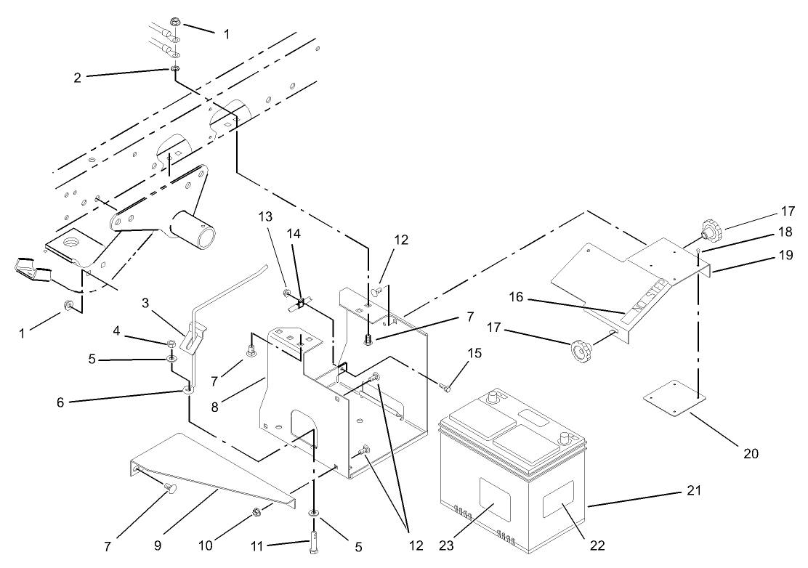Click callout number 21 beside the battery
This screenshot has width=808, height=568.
click(x=694, y=490)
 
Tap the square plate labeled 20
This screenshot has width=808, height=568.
click(x=674, y=404)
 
